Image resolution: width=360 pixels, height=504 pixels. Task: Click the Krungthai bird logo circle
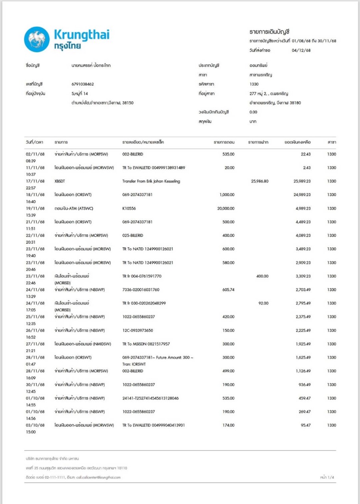(x=37, y=39)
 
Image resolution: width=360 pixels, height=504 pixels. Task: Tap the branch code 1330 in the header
(x=249, y=84)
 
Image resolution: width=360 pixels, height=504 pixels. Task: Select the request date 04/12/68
(x=301, y=50)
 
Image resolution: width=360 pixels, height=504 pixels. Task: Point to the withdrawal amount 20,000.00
(x=226, y=208)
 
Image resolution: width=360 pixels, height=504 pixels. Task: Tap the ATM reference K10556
(x=129, y=208)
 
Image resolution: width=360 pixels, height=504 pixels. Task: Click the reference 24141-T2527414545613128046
(x=150, y=398)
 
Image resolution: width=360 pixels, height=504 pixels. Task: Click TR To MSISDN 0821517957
(x=146, y=344)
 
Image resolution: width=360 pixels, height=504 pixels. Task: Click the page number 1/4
(x=331, y=477)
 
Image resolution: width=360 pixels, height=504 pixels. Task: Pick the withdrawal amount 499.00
(x=228, y=371)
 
